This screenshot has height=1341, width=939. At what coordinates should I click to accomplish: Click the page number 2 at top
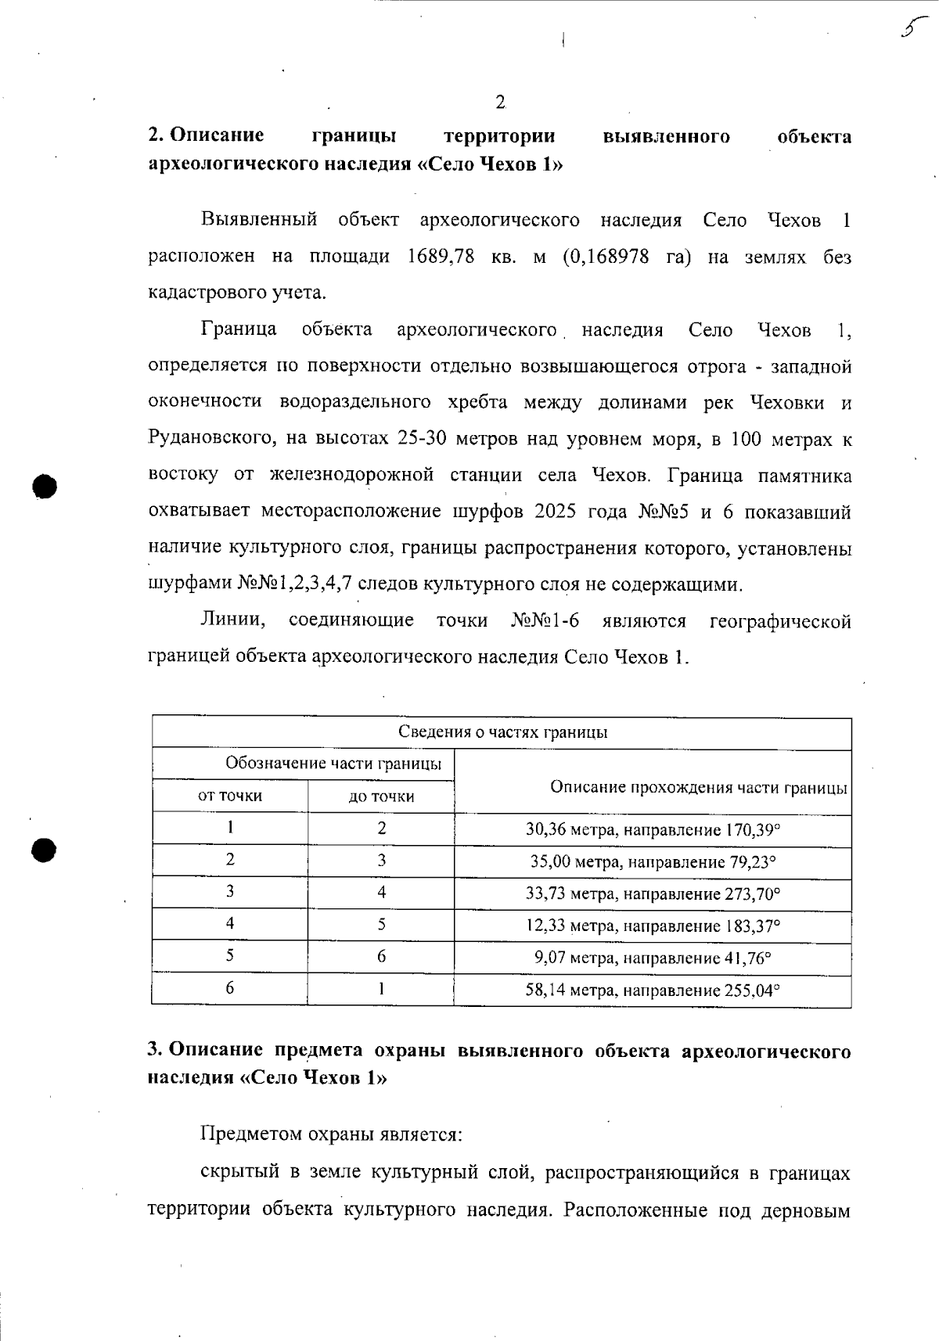tap(500, 102)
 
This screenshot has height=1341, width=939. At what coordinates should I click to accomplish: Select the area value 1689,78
tap(441, 257)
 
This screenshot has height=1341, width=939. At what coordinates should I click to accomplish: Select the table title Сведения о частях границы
tap(502, 732)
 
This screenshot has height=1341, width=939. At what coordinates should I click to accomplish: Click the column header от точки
tap(229, 796)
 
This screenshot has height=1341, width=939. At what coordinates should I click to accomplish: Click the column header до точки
tap(381, 796)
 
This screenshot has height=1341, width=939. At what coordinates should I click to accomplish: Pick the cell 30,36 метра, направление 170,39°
tap(653, 829)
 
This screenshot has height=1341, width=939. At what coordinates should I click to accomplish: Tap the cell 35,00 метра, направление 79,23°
tap(653, 862)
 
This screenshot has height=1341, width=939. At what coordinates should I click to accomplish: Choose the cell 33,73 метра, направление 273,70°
tap(653, 893)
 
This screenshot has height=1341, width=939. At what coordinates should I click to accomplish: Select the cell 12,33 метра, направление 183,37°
tap(653, 926)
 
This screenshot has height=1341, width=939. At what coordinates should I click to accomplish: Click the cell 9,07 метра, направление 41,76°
tap(653, 958)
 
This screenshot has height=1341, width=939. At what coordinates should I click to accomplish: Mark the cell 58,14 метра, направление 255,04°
tap(653, 990)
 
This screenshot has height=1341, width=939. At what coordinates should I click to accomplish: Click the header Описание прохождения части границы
tap(698, 788)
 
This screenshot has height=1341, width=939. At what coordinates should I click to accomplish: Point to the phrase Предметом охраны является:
tap(332, 1134)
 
